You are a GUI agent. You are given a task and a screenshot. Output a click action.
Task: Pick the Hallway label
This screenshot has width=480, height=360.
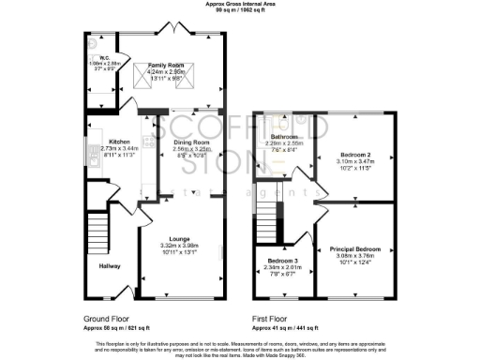pos(110,266)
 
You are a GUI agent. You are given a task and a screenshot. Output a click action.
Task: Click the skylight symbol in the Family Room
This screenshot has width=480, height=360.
pos(149,74)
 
